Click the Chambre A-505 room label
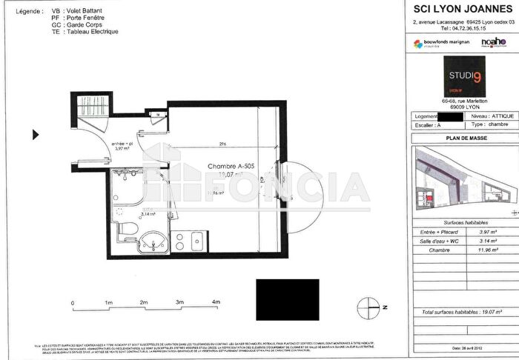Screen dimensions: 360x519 click(231, 167)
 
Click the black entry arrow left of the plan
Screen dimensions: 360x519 click(35, 135)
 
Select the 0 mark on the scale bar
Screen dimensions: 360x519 click(73, 303)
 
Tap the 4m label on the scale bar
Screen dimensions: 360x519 click(216, 303)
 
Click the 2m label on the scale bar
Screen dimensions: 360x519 click(144, 303)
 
